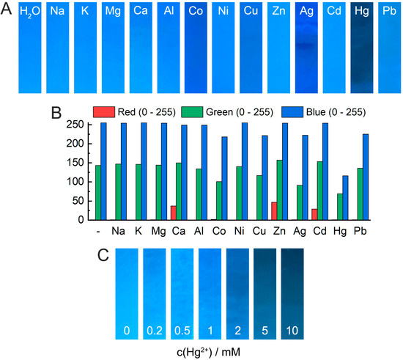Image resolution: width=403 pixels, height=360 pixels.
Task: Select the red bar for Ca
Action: click(173, 213)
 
